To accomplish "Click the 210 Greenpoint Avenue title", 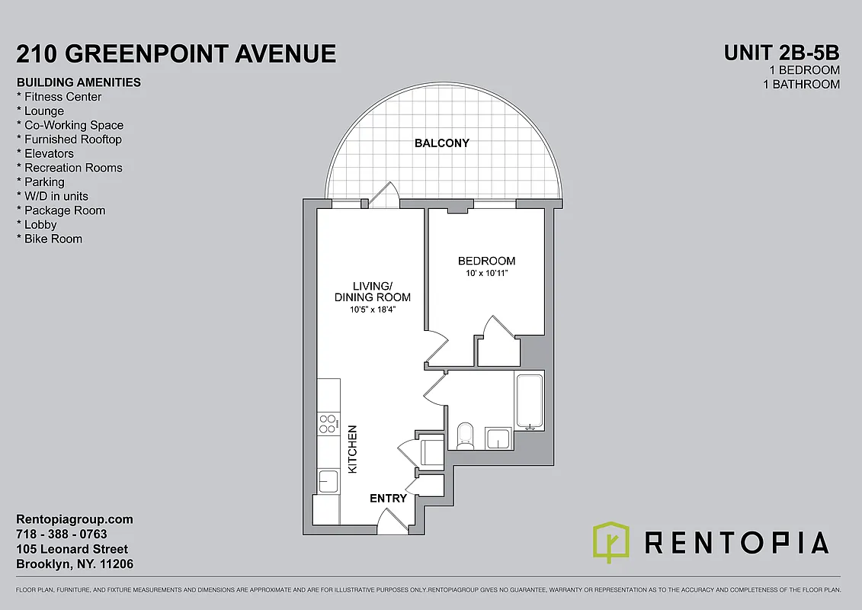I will click(x=176, y=53).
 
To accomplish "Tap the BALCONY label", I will click(x=441, y=143).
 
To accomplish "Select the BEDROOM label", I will click(x=486, y=261).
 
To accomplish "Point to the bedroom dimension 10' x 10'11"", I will click(x=486, y=273).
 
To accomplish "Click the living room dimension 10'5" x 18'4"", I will click(x=373, y=310).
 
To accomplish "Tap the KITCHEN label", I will click(x=353, y=449).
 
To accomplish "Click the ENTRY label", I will click(x=388, y=498).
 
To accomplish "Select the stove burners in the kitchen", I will click(x=328, y=423).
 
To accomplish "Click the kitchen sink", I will click(x=328, y=481).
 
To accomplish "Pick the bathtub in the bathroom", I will click(x=530, y=400).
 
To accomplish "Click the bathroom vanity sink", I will click(x=499, y=438).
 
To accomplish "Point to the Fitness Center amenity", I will click(x=62, y=97).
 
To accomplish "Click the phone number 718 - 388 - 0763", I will click(x=62, y=534).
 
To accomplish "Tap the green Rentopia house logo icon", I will click(x=611, y=541).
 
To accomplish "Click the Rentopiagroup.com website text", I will click(x=75, y=519).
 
